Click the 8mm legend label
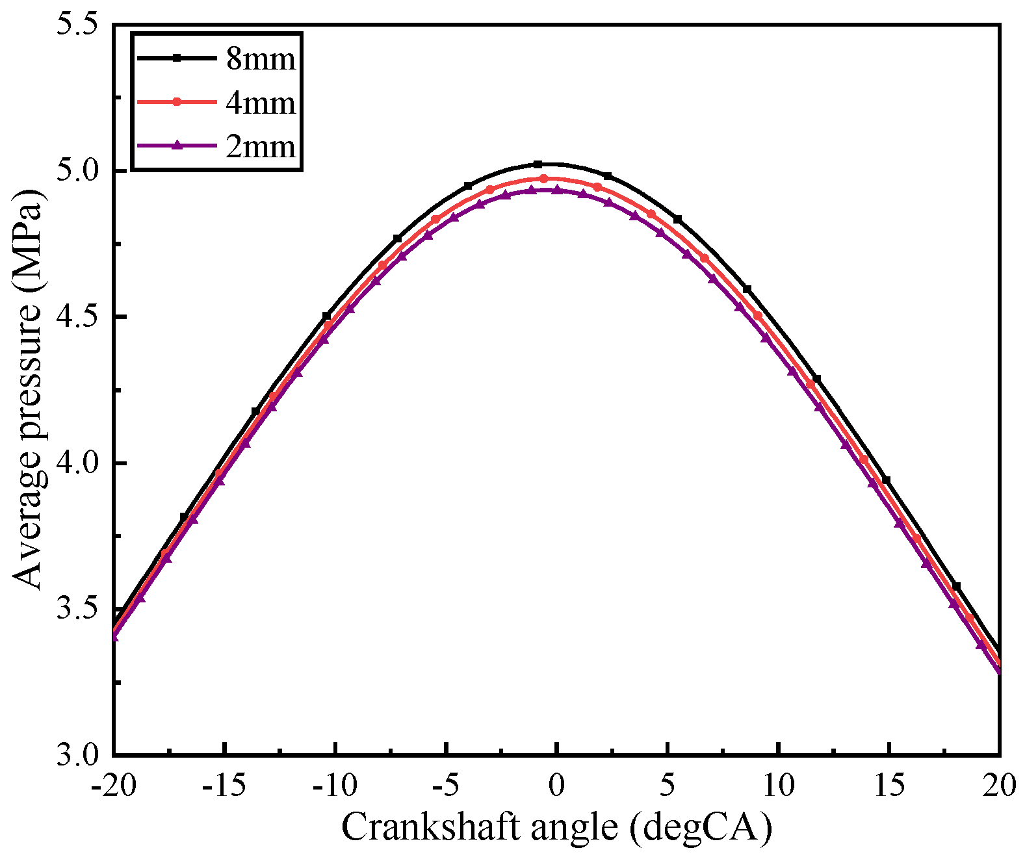(261, 59)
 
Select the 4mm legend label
(261, 103)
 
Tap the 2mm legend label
(261, 146)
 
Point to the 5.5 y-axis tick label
(77, 25)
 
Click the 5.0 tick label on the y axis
(77, 171)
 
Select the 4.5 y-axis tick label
(77, 317)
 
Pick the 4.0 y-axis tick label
(77, 463)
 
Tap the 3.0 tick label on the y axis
(77, 755)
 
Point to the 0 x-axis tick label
(556, 786)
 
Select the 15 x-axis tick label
(889, 786)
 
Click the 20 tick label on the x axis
(998, 786)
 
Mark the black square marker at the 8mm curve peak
(538, 164)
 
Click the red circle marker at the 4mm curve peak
(543, 178)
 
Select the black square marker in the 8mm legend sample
(175, 58)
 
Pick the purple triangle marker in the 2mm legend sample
(175, 146)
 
